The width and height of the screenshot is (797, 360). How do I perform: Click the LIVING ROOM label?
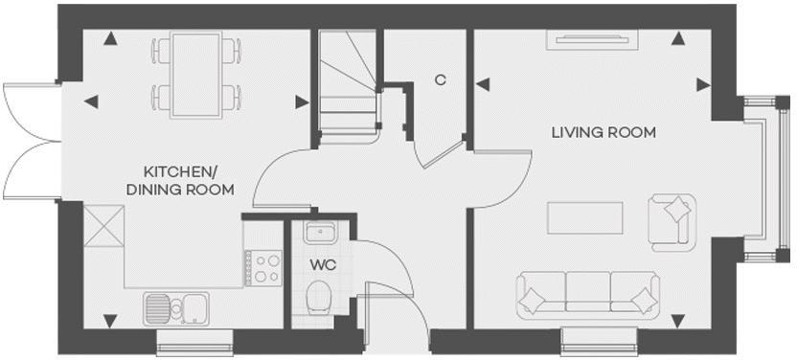(603, 132)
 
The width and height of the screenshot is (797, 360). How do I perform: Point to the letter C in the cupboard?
(440, 80)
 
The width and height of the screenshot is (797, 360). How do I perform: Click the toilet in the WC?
(319, 298)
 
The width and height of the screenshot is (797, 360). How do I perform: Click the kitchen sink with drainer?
(182, 307)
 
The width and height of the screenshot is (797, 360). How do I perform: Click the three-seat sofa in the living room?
(588, 294)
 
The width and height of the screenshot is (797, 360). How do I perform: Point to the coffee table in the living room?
(585, 217)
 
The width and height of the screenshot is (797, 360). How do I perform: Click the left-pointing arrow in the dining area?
(91, 101)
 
